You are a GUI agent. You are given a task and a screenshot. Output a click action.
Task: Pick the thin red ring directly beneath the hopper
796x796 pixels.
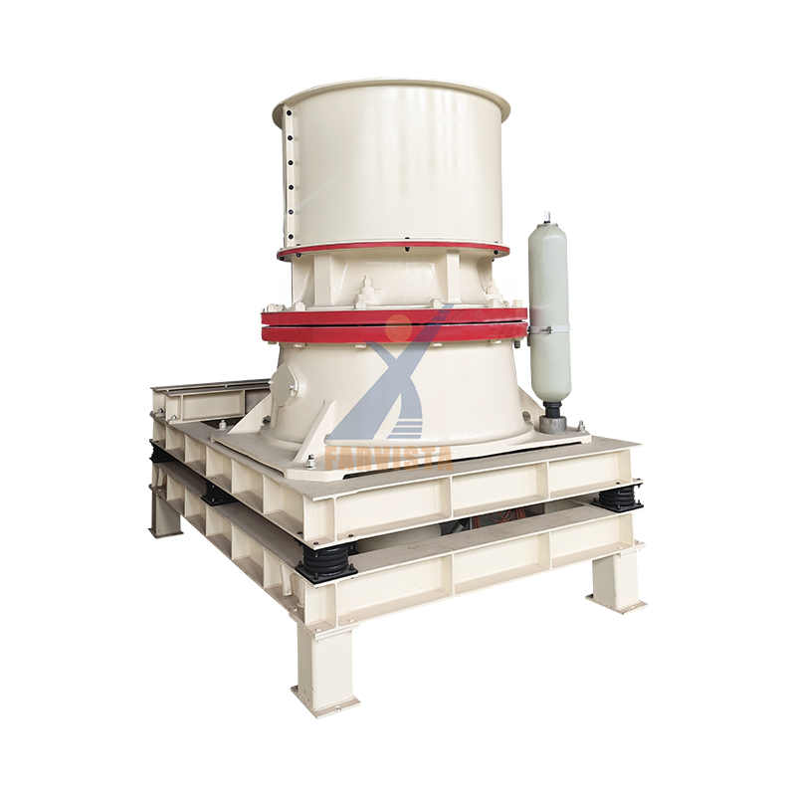coord(393,251)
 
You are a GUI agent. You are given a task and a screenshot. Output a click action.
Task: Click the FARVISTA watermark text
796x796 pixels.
coord(388,458)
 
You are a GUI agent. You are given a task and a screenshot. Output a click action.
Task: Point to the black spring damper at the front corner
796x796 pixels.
coord(325,562)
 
